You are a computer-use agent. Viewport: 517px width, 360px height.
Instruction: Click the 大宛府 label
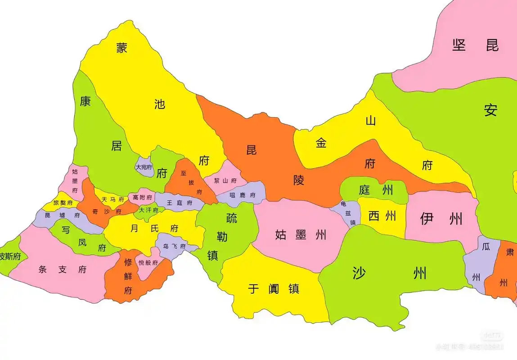(144, 167)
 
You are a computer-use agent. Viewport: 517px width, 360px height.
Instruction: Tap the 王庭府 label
(180, 203)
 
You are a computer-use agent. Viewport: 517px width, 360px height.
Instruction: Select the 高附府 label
(142, 197)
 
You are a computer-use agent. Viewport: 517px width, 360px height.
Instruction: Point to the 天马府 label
(112, 199)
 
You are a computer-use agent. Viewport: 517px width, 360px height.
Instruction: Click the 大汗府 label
(148, 210)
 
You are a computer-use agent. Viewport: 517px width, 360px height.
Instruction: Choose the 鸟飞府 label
(174, 247)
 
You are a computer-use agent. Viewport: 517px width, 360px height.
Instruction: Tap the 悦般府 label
(148, 263)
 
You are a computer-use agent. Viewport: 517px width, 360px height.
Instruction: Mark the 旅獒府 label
(63, 203)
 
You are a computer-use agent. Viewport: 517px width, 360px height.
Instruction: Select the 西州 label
(382, 216)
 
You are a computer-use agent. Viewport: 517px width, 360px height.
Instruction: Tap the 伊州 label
(441, 219)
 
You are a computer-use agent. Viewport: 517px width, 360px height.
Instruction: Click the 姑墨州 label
(301, 234)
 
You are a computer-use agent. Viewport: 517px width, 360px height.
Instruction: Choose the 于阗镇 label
(274, 288)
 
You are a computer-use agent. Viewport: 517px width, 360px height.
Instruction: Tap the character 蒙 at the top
(121, 48)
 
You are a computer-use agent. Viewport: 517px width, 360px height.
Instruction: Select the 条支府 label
(63, 270)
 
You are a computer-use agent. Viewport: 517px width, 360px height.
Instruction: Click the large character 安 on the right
(491, 110)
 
